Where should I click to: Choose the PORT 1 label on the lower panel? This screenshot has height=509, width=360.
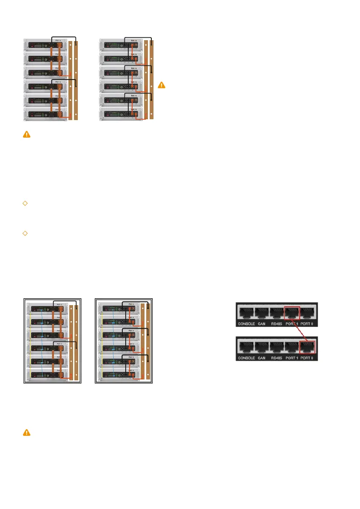pyautogui.click(x=292, y=358)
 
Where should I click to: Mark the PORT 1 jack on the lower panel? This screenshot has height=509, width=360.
pyautogui.click(x=292, y=346)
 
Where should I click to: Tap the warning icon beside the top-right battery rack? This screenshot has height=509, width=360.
pyautogui.click(x=161, y=85)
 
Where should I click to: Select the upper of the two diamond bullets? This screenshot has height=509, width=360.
pyautogui.click(x=25, y=203)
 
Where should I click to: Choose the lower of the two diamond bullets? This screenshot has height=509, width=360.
pyautogui.click(x=25, y=233)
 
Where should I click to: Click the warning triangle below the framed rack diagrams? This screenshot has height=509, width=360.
pyautogui.click(x=27, y=433)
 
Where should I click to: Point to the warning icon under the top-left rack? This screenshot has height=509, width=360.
pyautogui.click(x=27, y=134)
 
